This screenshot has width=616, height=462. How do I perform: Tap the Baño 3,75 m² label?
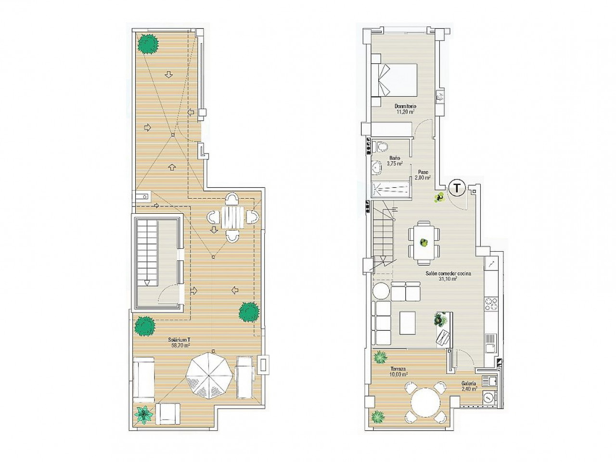394,161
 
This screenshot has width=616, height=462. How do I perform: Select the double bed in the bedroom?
394,80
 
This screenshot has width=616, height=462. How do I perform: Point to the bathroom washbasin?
376,167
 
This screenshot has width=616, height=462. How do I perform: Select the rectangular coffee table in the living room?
408,322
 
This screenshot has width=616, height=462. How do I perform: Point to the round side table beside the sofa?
381,292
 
